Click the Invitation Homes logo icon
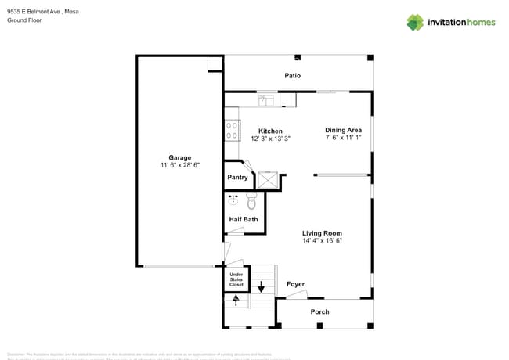pyautogui.click(x=415, y=22)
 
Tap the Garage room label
pyautogui.click(x=180, y=157)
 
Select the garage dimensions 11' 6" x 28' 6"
pyautogui.click(x=180, y=165)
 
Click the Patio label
pyautogui.click(x=292, y=76)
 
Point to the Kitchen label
pyautogui.click(x=270, y=131)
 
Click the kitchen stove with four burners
pyautogui.click(x=232, y=129)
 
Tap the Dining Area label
pyautogui.click(x=343, y=130)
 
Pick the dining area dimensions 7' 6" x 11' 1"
pyautogui.click(x=343, y=138)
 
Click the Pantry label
pyautogui.click(x=237, y=178)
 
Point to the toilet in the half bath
pyautogui.click(x=251, y=202)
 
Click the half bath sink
pyautogui.click(x=233, y=200)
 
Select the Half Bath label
pyautogui.click(x=244, y=219)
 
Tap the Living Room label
pyautogui.click(x=322, y=233)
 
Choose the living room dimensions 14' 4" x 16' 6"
pyautogui.click(x=322, y=241)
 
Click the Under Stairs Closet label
pyautogui.click(x=236, y=279)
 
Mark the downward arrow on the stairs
pyautogui.click(x=262, y=288)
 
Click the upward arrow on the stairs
pyautogui.click(x=236, y=300)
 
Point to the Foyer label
pyautogui.click(x=295, y=284)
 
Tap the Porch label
pyautogui.click(x=319, y=311)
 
